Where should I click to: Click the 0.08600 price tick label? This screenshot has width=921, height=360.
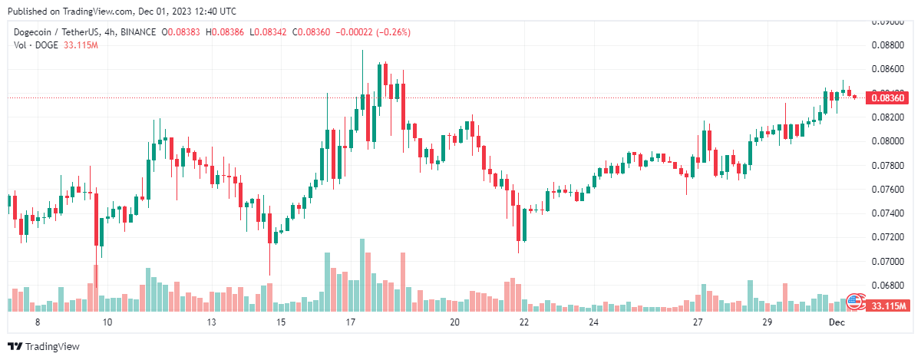[889, 68]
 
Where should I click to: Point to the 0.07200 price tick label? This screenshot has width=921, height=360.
[889, 236]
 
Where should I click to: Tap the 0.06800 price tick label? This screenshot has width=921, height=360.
[889, 285]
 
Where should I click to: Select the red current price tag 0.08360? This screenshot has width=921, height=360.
[890, 97]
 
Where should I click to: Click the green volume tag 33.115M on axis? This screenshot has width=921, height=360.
[890, 306]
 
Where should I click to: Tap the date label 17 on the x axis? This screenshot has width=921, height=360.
[351, 322]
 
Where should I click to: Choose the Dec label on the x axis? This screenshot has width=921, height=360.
[837, 322]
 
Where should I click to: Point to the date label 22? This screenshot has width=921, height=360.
[523, 322]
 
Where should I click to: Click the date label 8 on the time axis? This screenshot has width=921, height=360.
[37, 322]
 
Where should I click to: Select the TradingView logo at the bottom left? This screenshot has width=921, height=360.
[44, 347]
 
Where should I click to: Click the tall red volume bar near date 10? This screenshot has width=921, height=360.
[96, 287]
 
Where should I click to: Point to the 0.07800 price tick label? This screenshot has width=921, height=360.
[889, 165]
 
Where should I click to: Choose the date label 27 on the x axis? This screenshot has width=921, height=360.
[697, 322]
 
